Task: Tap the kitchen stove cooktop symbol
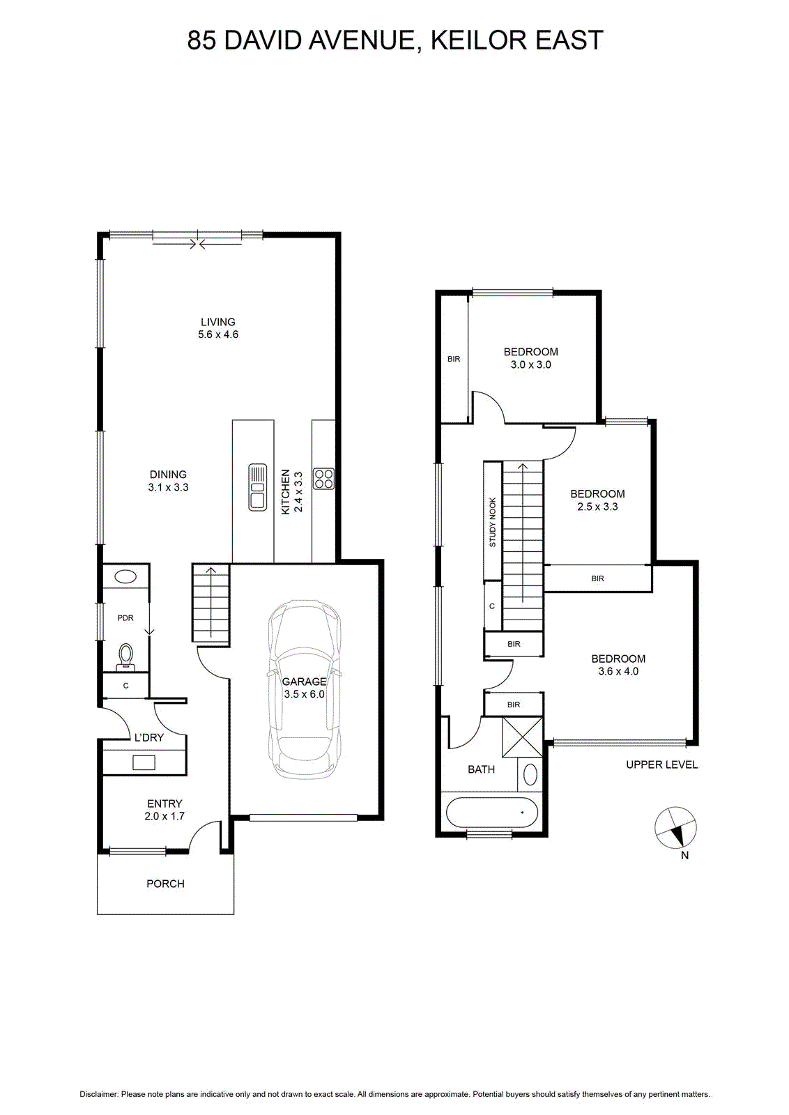[x=323, y=478]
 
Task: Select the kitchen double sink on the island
[x=257, y=487]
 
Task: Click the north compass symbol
[x=675, y=826]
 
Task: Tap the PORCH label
[x=165, y=883]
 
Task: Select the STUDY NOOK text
[x=492, y=522]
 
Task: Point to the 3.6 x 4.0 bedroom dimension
[x=618, y=671]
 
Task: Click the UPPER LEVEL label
[x=661, y=764]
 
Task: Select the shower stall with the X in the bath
[x=521, y=737]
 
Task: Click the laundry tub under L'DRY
[x=144, y=762]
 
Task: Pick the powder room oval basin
[x=125, y=578]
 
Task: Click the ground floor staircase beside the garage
[x=210, y=603]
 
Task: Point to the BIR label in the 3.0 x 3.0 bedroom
[x=454, y=358]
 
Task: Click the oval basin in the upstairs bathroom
[x=530, y=774]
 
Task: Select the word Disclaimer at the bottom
[x=99, y=1093]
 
